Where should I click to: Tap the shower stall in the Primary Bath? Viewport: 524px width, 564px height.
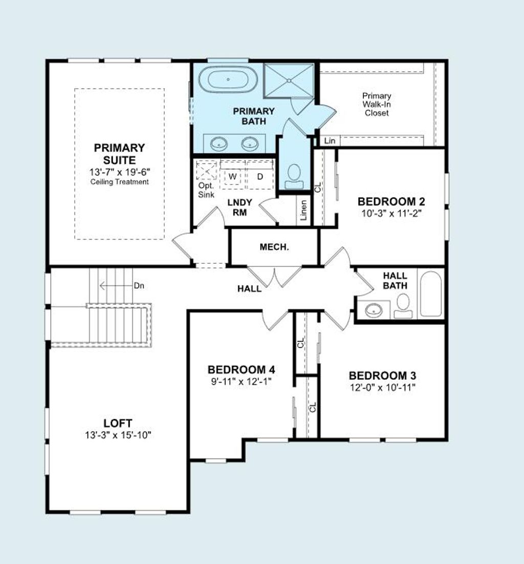(289, 80)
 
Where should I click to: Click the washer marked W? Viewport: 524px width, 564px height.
(233, 176)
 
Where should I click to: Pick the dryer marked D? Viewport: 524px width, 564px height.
(259, 176)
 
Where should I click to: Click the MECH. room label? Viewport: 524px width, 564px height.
(274, 247)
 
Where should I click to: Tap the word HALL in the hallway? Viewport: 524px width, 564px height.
(249, 288)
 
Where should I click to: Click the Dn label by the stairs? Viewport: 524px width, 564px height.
(139, 285)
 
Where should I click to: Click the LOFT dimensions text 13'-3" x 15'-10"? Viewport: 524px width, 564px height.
(118, 435)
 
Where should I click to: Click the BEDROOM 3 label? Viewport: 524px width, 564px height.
(383, 375)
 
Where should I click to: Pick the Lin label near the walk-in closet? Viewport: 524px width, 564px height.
(330, 140)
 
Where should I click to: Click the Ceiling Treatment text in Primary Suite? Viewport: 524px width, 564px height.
(120, 182)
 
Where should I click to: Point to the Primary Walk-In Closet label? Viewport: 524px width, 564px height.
(377, 104)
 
